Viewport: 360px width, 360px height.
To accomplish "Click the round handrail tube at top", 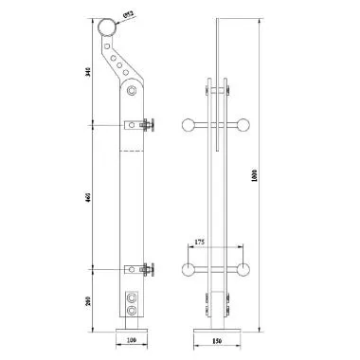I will (106, 29).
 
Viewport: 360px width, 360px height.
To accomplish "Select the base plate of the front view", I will (220, 328).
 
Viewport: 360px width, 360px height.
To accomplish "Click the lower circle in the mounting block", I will (130, 310).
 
